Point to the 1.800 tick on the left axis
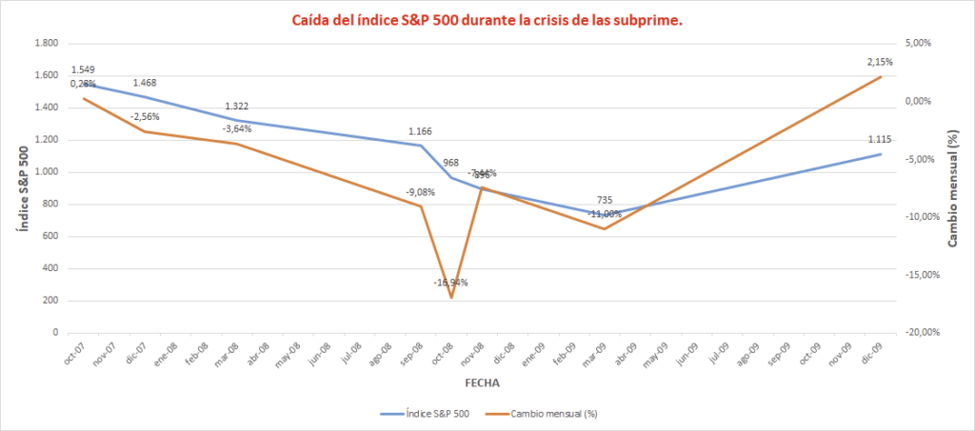[47, 44]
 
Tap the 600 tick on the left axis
[50, 237]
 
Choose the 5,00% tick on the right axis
[919, 44]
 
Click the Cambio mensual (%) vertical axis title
[953, 187]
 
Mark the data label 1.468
[146, 84]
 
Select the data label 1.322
[237, 107]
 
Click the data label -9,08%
[420, 193]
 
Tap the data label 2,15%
[879, 62]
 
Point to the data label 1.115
[880, 140]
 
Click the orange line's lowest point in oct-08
[451, 298]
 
